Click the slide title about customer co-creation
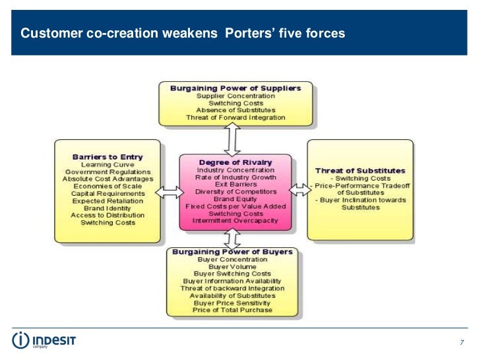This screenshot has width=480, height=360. [183, 32]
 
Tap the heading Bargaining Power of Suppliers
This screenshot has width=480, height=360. [235, 88]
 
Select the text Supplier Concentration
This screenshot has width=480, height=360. [235, 96]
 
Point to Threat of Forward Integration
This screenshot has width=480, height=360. [235, 117]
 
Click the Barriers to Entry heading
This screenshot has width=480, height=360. [107, 157]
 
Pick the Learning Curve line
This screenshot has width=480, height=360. [107, 164]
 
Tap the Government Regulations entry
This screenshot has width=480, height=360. [107, 171]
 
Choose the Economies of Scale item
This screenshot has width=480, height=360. [107, 186]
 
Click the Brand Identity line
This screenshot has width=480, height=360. [107, 208]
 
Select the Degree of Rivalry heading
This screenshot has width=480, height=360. [235, 162]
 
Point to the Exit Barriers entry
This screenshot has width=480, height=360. [235, 185]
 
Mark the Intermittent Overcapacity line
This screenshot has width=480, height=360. [235, 220]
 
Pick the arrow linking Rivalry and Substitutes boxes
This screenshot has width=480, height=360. [300, 190]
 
